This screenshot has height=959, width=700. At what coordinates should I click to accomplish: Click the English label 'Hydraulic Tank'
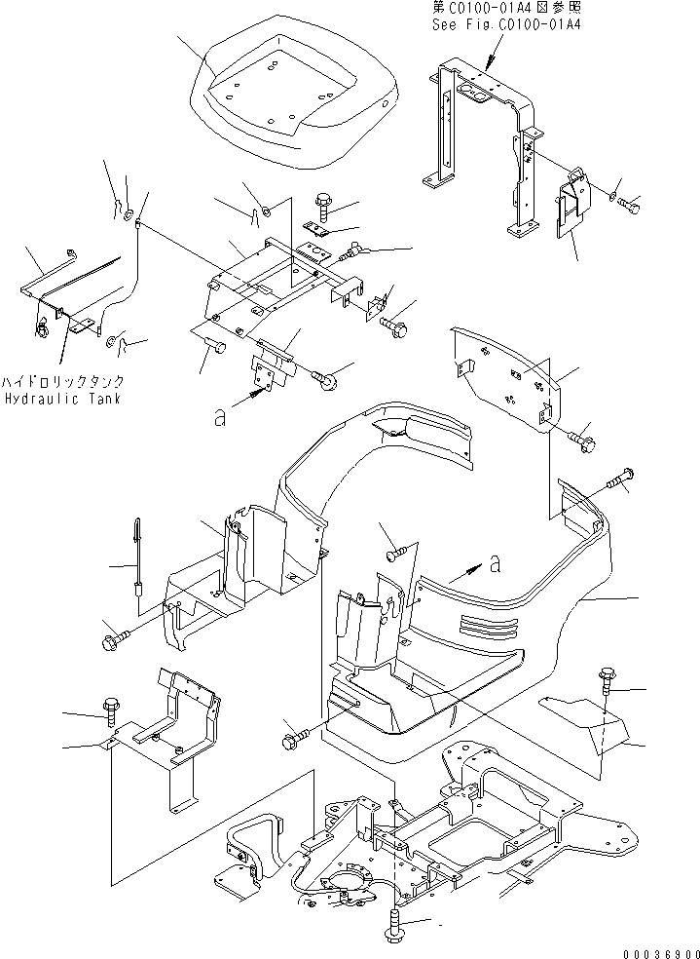pos(61,400)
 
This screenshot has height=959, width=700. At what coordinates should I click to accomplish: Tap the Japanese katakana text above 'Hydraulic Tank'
pos(62,383)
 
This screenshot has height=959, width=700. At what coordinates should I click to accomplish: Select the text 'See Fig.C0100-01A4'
pos(506,25)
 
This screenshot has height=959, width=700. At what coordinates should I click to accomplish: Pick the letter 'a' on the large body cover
pos(497,563)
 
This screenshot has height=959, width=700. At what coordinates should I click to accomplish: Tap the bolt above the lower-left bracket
pos(109,710)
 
